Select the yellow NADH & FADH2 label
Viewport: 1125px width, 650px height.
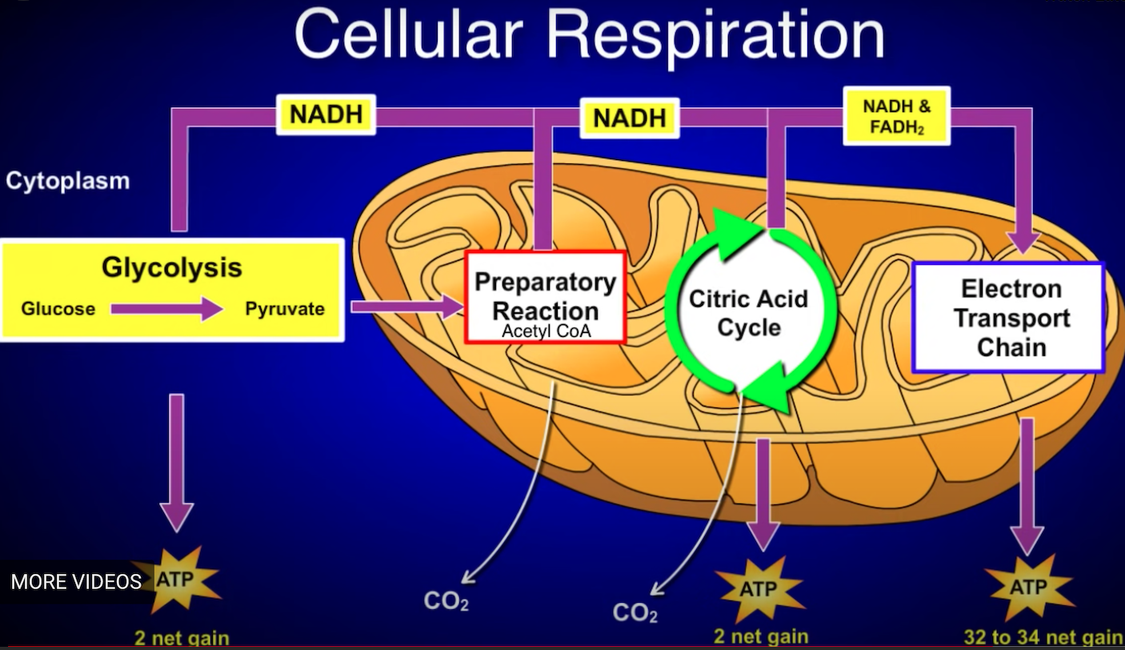[896, 116]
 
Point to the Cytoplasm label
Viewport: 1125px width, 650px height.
[67, 181]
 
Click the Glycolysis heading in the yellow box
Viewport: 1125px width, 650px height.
[171, 267]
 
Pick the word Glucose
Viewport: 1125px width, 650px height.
[58, 309]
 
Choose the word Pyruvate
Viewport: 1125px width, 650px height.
[285, 309]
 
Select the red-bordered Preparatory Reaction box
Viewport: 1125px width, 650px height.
[545, 296]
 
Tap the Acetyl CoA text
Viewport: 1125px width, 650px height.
[546, 331]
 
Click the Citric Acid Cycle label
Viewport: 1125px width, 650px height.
[748, 313]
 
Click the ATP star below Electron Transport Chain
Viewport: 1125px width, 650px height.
[1028, 588]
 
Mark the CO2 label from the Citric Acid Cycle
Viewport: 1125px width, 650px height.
[635, 614]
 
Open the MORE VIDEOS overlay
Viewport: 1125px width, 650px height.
[76, 581]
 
